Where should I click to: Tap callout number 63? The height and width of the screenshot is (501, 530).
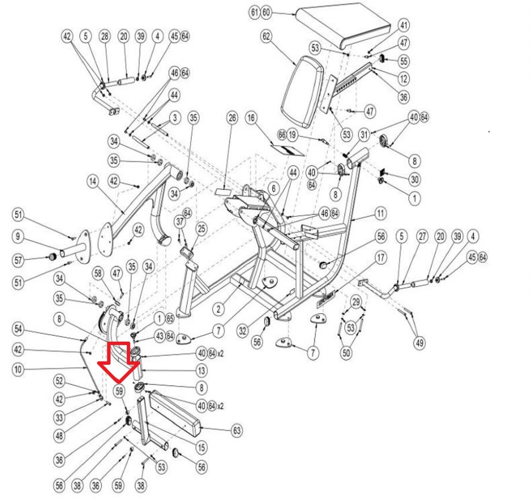pos(237,430)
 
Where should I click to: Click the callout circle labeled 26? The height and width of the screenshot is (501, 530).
pos(232,118)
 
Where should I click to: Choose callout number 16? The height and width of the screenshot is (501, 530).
pos(251,118)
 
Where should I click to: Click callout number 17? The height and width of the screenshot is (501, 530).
pos(380,258)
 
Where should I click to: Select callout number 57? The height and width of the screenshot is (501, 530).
pos(18,260)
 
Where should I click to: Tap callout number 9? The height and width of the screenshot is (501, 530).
pos(18,236)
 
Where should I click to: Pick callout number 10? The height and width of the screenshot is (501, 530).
pos(18,369)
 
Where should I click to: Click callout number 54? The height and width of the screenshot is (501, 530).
pos(18,329)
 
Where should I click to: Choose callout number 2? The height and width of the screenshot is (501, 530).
pos(218,309)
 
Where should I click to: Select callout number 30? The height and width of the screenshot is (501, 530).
pos(414,179)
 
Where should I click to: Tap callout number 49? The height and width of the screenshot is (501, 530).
pos(419,342)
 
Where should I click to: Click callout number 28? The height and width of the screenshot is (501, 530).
pos(105,36)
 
